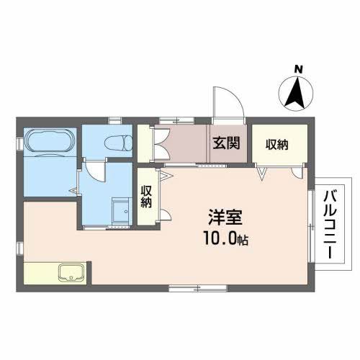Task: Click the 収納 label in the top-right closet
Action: [x=277, y=144]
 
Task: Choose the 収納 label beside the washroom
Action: [x=146, y=197]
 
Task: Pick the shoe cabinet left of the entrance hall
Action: [x=145, y=143]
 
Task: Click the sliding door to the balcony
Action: [x=311, y=223]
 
